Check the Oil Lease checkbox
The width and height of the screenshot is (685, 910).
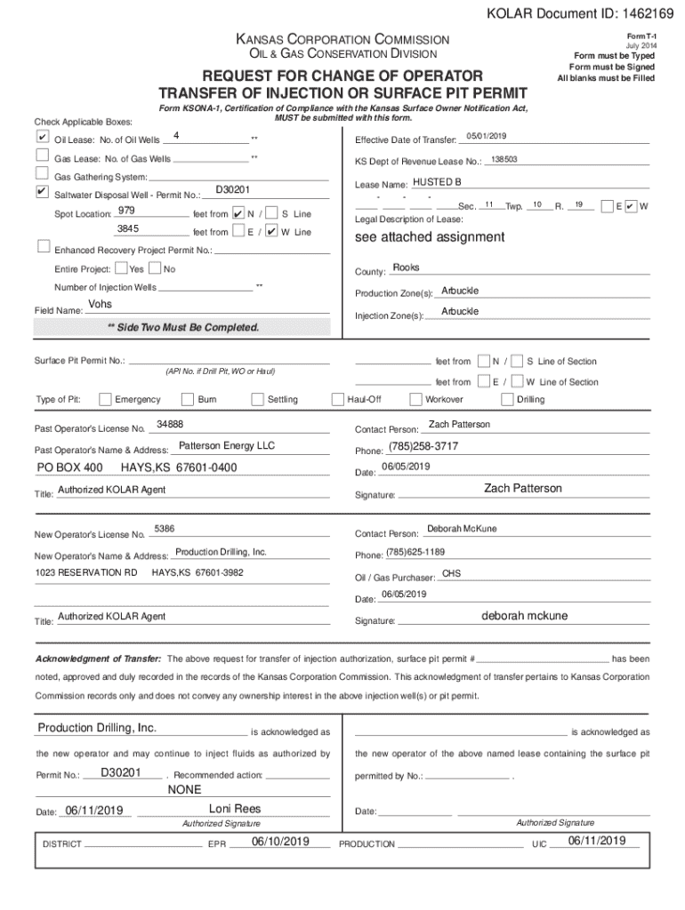click(42, 139)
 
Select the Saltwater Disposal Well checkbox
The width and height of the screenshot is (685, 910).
click(42, 192)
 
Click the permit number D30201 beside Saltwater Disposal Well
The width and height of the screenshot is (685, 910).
click(233, 190)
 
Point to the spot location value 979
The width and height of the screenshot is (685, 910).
click(126, 210)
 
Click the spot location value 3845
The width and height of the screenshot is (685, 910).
click(127, 228)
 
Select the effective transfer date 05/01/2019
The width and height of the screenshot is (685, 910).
click(486, 135)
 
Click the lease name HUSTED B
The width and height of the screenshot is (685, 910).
click(437, 181)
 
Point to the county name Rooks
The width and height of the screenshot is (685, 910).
click(406, 267)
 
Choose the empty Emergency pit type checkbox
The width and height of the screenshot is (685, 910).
click(106, 399)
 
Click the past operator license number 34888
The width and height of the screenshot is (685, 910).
click(170, 425)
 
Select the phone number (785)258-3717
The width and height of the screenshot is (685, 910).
click(423, 445)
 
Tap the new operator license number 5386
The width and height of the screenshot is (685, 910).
click(165, 530)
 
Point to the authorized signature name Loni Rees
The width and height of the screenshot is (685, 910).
click(235, 809)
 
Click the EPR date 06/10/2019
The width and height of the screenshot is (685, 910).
click(280, 841)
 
